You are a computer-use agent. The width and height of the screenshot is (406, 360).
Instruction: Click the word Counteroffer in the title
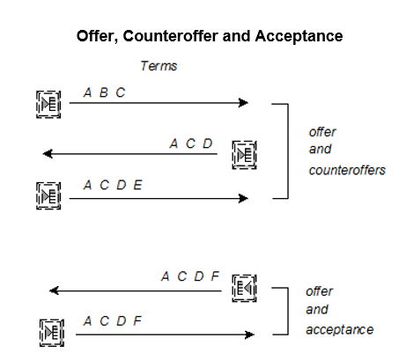[171, 36]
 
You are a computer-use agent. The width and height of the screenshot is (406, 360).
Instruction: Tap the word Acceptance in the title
[299, 36]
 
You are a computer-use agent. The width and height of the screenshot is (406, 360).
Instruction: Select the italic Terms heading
[159, 66]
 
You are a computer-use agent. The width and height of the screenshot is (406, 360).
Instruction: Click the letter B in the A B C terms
[103, 92]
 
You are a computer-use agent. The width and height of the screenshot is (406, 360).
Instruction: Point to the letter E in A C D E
[138, 185]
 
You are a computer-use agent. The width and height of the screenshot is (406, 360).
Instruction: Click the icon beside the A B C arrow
[48, 105]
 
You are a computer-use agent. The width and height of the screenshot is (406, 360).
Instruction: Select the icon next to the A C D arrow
[244, 155]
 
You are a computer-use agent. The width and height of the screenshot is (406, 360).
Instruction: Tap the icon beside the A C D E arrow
[48, 195]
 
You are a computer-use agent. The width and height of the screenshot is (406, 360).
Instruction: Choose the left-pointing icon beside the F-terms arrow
[244, 288]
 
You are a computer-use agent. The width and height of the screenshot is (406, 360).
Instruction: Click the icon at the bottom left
[52, 333]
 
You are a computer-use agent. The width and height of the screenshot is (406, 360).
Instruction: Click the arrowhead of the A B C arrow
[244, 103]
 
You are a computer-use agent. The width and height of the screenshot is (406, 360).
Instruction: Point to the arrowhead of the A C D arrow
[48, 154]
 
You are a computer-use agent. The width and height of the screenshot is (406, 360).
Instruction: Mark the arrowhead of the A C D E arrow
[244, 198]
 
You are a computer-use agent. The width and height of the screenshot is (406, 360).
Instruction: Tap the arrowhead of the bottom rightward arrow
[250, 334]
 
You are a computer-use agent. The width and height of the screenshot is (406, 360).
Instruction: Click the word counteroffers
[347, 170]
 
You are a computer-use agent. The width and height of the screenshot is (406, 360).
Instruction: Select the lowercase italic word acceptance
[340, 329]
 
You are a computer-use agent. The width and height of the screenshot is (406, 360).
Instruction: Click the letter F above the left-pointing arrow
[215, 276]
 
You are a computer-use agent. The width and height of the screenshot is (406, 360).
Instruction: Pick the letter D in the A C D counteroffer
[208, 143]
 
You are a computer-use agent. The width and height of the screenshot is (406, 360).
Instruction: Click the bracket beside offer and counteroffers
[288, 151]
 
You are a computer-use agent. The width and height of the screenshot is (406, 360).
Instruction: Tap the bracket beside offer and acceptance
[288, 311]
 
